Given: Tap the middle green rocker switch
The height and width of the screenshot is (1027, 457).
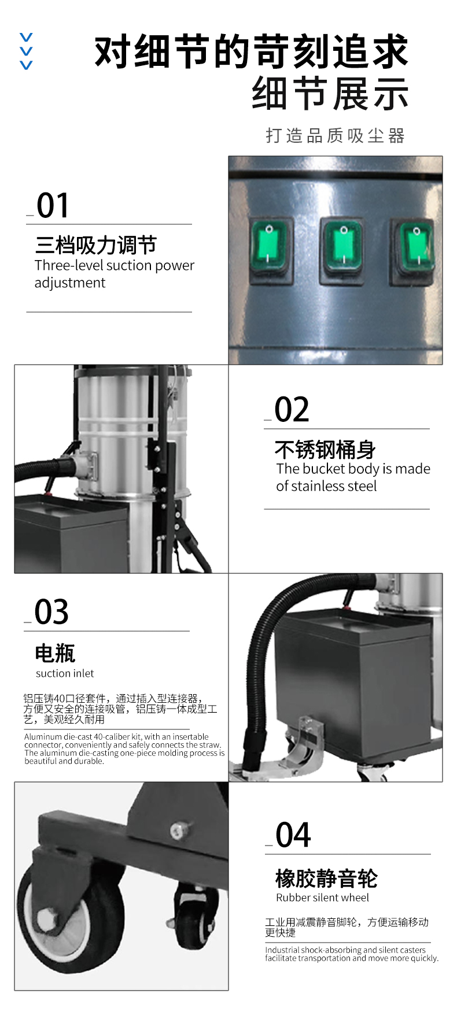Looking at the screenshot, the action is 342,248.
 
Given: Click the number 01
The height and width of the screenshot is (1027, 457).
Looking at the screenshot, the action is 53,206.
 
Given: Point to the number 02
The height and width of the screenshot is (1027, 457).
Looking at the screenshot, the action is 292,410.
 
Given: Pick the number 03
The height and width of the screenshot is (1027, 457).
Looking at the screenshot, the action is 51,612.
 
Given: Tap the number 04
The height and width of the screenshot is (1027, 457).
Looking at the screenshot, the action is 293,835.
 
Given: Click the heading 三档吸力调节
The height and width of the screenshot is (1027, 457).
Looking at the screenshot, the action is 96,245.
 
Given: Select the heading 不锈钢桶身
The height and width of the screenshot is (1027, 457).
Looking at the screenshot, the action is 325,449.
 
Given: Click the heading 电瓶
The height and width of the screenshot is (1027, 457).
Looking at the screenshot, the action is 55,653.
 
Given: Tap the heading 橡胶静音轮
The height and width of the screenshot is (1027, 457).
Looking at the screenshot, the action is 327,878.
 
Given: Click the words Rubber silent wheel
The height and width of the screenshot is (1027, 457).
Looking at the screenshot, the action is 322,898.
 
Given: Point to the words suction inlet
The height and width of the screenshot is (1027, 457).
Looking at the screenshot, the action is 65,673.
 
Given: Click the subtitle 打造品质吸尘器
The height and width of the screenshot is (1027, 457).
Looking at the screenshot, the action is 336,136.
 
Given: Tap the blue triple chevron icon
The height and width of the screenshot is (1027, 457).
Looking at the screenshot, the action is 26,51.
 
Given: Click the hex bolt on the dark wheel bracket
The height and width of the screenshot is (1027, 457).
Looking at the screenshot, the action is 178,831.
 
